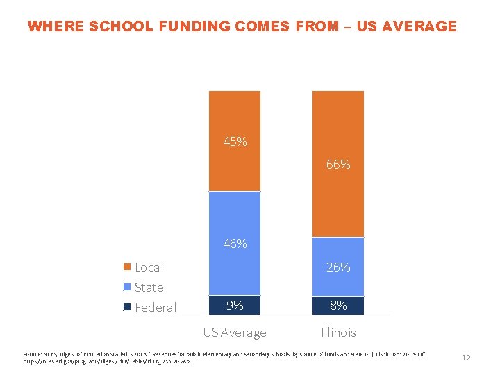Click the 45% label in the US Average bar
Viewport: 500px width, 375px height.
point(235,142)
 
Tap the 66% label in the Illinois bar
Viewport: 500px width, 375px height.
point(338,165)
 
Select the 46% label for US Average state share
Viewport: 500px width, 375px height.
point(235,244)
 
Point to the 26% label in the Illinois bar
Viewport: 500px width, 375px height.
point(338,267)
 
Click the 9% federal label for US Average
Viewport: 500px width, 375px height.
point(235,305)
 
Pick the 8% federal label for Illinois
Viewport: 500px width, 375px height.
point(338,305)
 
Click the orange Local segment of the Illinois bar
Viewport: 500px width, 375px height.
point(338,125)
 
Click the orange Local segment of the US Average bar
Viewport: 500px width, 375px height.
point(235,111)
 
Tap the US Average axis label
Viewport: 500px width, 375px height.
point(235,333)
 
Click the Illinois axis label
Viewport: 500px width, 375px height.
point(338,333)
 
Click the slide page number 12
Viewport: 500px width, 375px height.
point(466,358)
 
